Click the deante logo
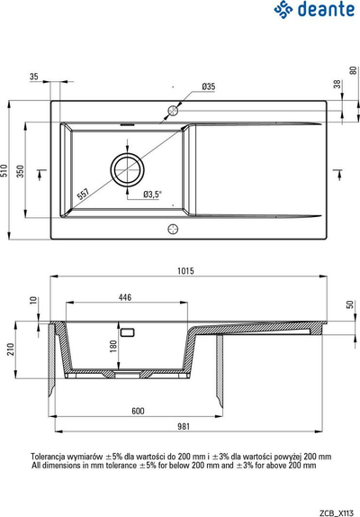(x=314, y=10)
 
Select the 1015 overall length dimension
(x=185, y=271)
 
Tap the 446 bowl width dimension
(x=125, y=297)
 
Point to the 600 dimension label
(x=138, y=411)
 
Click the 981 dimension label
(x=184, y=426)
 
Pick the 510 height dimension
(x=4, y=170)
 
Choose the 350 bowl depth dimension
(x=21, y=171)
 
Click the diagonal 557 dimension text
(x=83, y=194)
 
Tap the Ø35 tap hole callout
(x=209, y=86)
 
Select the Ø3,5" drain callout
(x=153, y=195)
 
